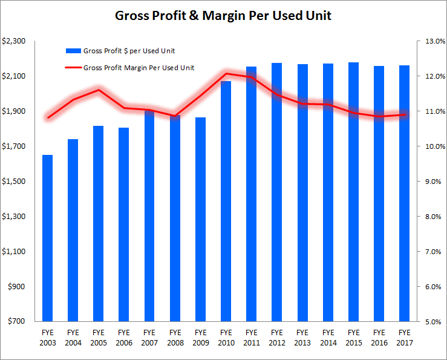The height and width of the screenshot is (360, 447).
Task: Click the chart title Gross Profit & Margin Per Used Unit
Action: pos(223,16)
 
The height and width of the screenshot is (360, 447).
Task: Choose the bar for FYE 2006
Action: pos(123,224)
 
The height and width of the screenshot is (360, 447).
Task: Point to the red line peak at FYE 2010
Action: pos(226,74)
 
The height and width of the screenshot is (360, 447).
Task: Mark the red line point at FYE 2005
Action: pos(98,90)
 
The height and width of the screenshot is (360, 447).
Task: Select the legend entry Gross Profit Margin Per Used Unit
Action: pos(139,68)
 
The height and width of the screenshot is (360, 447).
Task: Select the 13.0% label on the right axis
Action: pos(435,41)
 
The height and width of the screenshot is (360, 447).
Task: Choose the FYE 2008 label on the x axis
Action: pos(175,337)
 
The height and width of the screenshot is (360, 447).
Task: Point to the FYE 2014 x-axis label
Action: pos(327,337)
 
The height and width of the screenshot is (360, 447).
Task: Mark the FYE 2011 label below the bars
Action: pos(251,337)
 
